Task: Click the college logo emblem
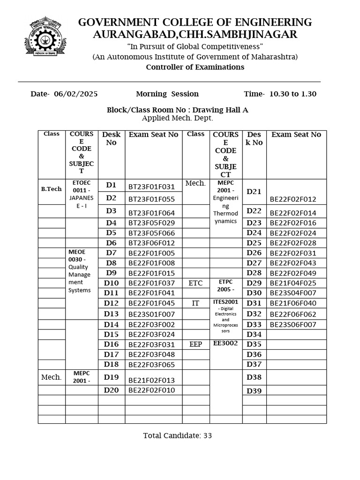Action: [x=45, y=36]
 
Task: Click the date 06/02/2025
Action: [x=76, y=94]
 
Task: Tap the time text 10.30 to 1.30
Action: [x=293, y=94]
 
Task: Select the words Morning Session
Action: [x=167, y=94]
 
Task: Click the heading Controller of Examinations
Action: [x=195, y=67]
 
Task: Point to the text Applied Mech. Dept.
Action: [x=178, y=118]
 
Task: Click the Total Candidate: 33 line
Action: [x=178, y=435]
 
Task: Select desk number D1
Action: [x=111, y=185]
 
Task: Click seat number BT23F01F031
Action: [x=151, y=187]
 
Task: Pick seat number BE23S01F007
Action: [x=151, y=314]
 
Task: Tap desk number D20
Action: [x=111, y=390]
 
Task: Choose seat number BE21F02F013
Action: [x=151, y=380]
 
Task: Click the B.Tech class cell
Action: [x=52, y=189]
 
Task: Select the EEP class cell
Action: [x=195, y=345]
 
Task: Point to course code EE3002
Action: [x=225, y=343]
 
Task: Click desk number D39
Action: [x=254, y=391]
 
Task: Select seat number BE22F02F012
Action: [x=293, y=199]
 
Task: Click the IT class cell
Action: [x=195, y=303]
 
